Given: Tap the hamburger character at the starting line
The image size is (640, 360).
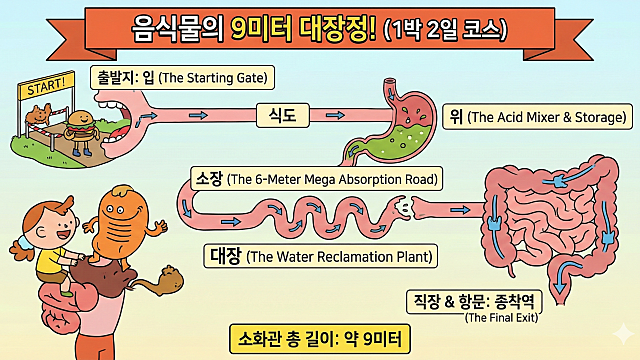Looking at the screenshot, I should point(79,129).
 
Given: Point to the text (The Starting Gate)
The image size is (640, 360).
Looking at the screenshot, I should point(216,77).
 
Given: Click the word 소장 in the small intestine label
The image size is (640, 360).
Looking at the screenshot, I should point(208,179).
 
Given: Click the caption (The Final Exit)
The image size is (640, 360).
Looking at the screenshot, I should point(507,318).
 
